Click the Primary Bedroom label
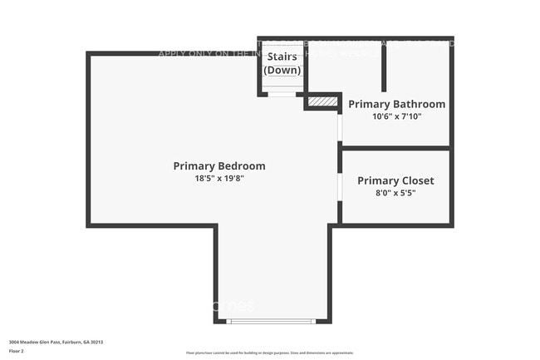tap(219, 165)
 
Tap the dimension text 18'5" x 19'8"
tap(219, 178)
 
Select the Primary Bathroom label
tap(396, 104)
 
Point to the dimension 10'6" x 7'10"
tap(397, 116)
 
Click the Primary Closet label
tap(395, 180)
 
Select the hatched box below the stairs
tap(322, 101)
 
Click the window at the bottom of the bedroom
tap(272, 321)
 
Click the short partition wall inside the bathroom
tap(383, 67)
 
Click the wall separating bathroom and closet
tap(396, 148)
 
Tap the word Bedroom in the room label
tap(242, 165)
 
